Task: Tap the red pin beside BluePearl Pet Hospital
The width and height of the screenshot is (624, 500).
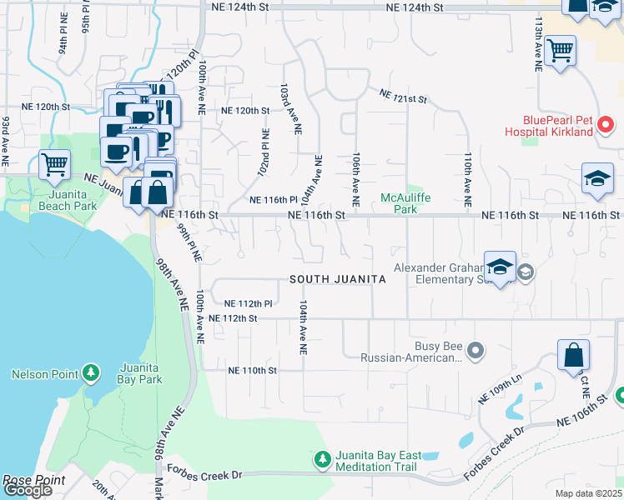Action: tap(606, 125)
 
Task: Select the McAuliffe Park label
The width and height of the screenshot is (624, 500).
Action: tap(399, 203)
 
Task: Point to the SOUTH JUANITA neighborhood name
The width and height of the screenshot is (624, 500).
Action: tap(338, 280)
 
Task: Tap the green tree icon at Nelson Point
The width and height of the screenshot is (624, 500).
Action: tap(91, 373)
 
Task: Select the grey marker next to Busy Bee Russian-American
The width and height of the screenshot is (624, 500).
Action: tap(476, 350)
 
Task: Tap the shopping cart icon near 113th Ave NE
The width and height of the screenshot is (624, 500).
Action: tap(560, 50)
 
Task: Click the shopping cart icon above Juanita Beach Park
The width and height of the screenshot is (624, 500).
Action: tap(55, 164)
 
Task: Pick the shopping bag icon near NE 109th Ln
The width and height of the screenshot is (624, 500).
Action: tap(573, 356)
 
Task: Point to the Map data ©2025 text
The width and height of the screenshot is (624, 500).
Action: tap(589, 493)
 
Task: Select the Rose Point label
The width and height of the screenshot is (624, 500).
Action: tap(27, 480)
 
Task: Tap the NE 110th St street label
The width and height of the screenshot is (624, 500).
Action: tap(252, 370)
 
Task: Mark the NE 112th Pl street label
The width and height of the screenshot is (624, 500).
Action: tap(249, 303)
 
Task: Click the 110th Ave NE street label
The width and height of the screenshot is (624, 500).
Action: tap(468, 180)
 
